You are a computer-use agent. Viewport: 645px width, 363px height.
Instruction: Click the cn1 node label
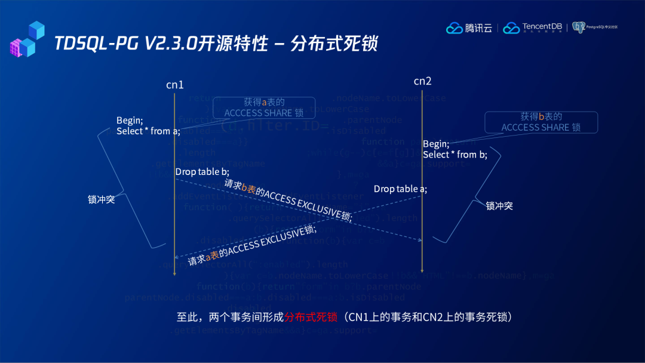coord(175,85)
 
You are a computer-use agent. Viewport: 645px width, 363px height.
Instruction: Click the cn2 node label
coord(422,81)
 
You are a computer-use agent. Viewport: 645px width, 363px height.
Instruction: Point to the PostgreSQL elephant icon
coord(578,27)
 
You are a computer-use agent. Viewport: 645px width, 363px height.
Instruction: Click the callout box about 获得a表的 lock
coord(263,107)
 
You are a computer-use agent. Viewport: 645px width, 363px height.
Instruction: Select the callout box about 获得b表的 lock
coord(540,122)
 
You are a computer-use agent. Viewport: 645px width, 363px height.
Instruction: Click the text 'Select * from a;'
coord(148,131)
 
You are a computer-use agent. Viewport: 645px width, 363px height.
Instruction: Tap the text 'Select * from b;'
coord(454,155)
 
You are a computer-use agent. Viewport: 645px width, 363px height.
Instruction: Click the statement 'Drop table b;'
coord(202,172)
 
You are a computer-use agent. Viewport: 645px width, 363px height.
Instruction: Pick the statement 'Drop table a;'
coord(400,189)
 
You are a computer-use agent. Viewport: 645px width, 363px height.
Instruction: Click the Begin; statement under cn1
coord(130,121)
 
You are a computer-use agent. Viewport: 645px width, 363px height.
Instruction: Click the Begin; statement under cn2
coord(435,144)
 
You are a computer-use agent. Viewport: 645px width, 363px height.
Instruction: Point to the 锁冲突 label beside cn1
coord(101,200)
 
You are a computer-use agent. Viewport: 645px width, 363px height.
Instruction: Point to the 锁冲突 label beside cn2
coord(499,206)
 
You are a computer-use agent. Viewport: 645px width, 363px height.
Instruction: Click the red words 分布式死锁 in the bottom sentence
coord(311,317)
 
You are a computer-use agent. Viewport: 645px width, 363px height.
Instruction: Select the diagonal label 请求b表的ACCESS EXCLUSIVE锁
coord(288,200)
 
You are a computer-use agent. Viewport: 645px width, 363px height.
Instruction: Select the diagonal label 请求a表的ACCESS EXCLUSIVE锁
coord(252,245)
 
